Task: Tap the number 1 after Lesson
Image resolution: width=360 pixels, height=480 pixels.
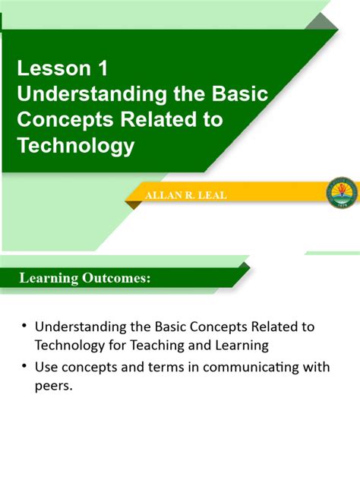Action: click(x=101, y=69)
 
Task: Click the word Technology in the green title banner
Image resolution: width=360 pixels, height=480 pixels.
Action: click(x=75, y=144)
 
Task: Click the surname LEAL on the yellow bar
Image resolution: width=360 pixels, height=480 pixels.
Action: click(x=213, y=196)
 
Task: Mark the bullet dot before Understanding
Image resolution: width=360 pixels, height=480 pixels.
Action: click(x=24, y=327)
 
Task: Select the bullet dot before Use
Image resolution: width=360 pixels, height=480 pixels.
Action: click(x=24, y=368)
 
